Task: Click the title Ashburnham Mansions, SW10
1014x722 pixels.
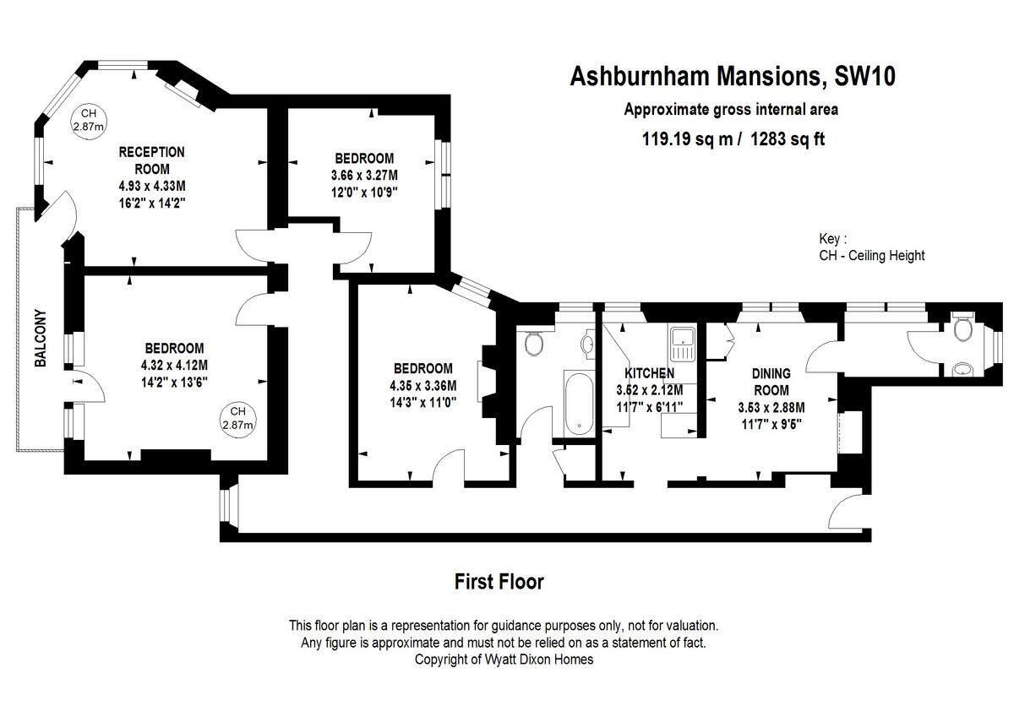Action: tap(733, 77)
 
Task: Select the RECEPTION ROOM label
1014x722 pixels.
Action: tap(151, 160)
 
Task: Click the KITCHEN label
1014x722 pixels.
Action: tap(649, 372)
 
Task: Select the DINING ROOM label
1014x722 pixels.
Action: tap(771, 382)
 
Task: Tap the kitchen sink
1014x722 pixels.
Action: tap(681, 343)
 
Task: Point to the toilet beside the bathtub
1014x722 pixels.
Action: tap(533, 344)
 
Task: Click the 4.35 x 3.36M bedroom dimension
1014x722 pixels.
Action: tap(422, 386)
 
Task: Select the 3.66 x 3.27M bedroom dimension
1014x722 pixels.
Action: tap(363, 175)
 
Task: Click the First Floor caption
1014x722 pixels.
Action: tap(499, 581)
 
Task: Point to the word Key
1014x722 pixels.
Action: tap(831, 239)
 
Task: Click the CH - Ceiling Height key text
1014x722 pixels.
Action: tap(871, 256)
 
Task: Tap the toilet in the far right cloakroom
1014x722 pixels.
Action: tap(961, 330)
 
